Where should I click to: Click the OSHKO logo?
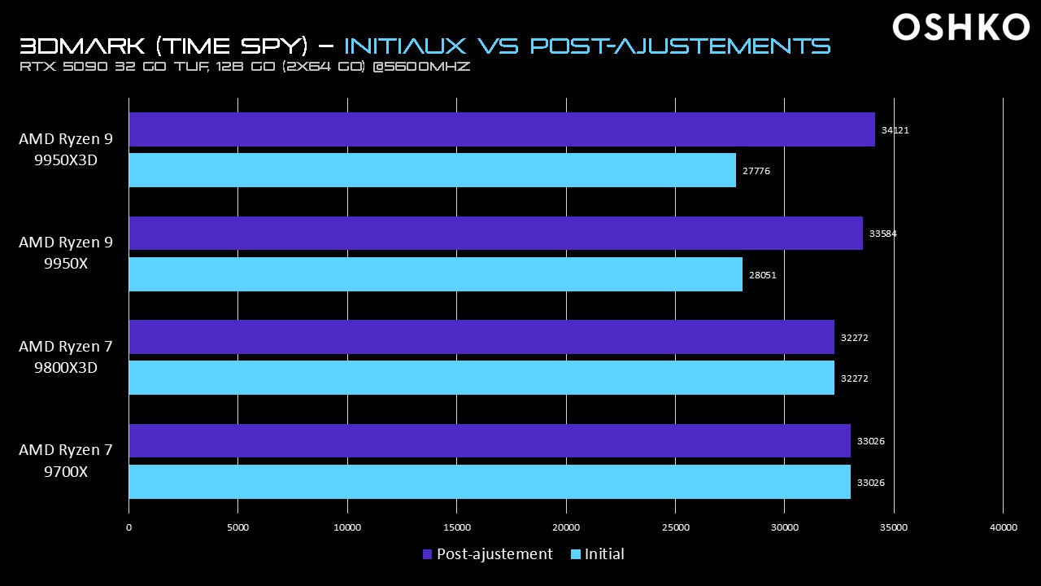[x=960, y=28]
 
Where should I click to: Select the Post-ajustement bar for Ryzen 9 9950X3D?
[x=501, y=129]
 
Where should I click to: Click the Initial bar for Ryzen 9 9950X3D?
[x=432, y=170]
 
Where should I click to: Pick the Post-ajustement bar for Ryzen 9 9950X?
[x=495, y=234]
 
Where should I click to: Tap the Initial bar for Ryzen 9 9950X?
[x=435, y=274]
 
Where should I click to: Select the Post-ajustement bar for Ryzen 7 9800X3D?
[x=481, y=337]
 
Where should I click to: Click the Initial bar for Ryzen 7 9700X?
[x=490, y=482]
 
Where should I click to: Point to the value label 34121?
[x=895, y=129]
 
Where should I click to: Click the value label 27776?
[x=756, y=171]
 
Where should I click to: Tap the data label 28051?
[x=762, y=275]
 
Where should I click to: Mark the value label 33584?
[x=882, y=234]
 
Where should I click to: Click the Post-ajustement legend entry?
[x=487, y=554]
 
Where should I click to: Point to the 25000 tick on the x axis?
[x=675, y=527]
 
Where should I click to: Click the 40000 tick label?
[x=1003, y=527]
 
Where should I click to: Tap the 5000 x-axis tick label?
[x=237, y=527]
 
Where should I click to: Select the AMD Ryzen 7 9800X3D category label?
[x=65, y=357]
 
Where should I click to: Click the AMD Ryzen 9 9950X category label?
[x=65, y=253]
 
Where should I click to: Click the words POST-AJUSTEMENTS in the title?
[x=680, y=45]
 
